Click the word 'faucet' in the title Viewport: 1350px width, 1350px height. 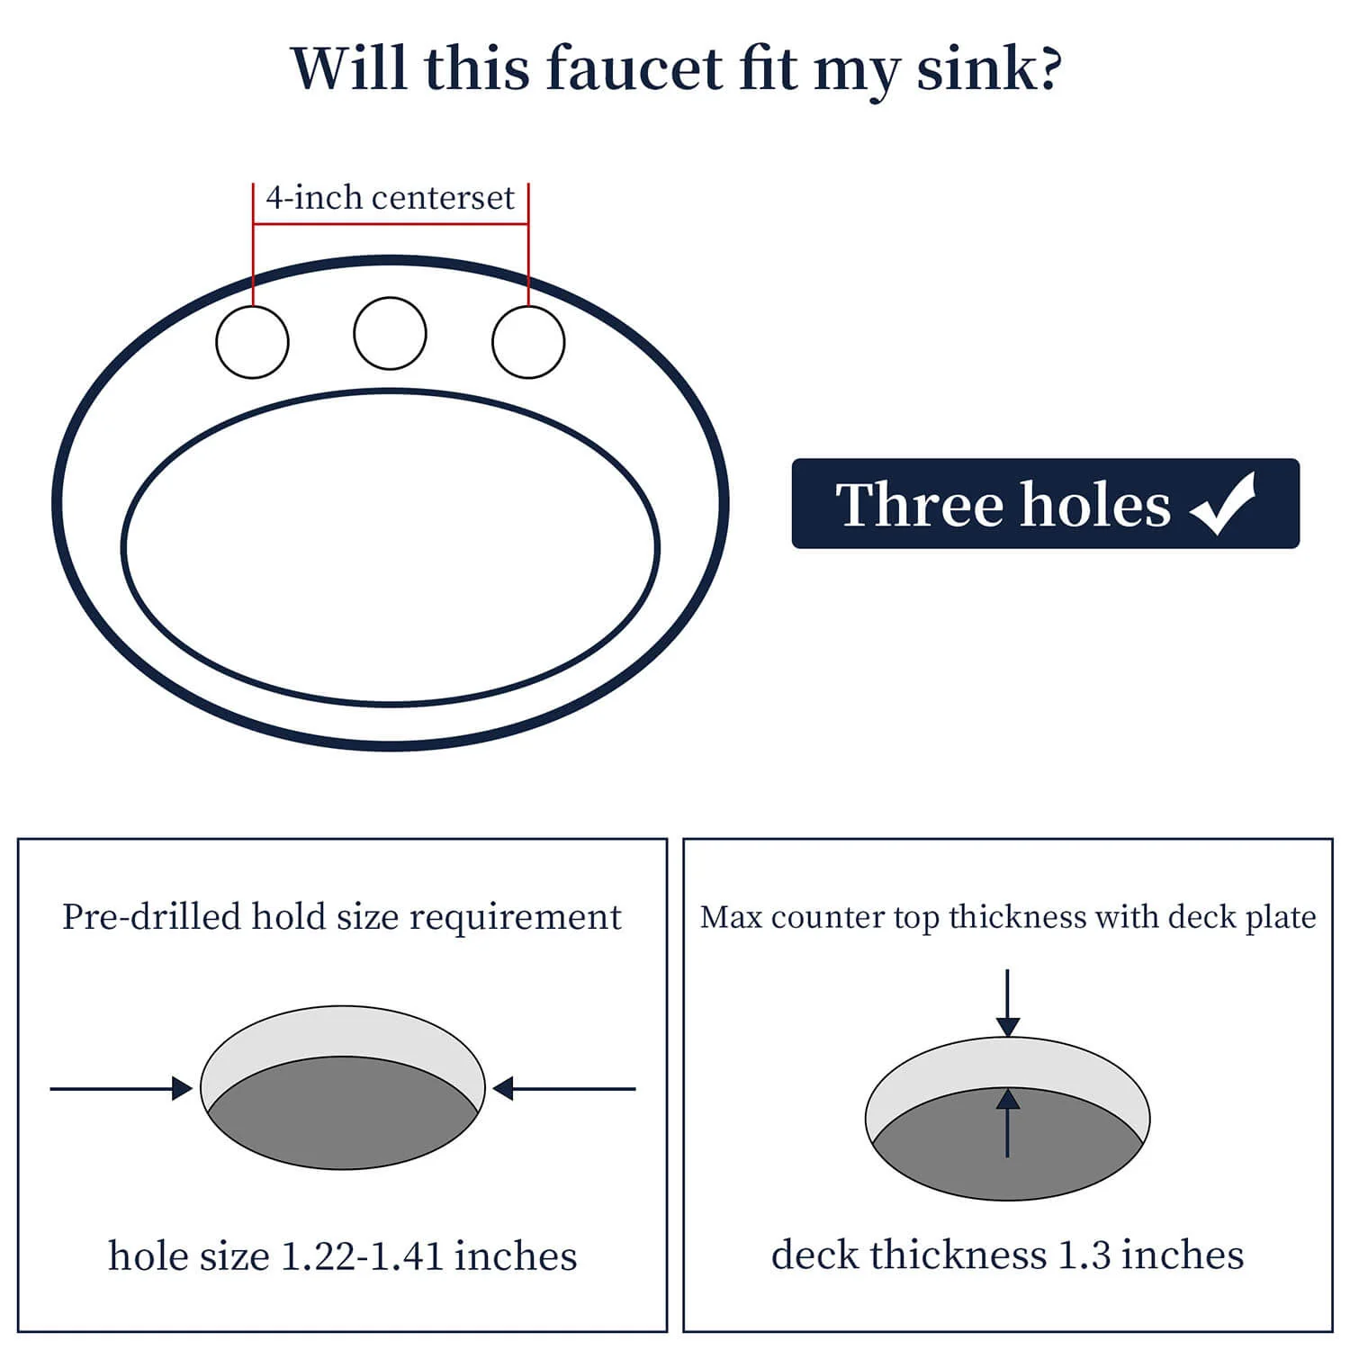[634, 67]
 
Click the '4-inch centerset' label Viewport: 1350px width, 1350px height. [390, 197]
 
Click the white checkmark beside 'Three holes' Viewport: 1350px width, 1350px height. [1223, 504]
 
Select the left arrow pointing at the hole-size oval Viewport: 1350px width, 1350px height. [121, 1089]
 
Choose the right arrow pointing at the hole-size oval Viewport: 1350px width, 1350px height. [564, 1089]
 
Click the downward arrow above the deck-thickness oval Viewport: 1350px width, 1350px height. [1008, 1003]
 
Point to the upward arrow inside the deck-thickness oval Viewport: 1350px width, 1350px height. [1008, 1122]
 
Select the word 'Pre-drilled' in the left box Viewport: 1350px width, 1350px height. [152, 917]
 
